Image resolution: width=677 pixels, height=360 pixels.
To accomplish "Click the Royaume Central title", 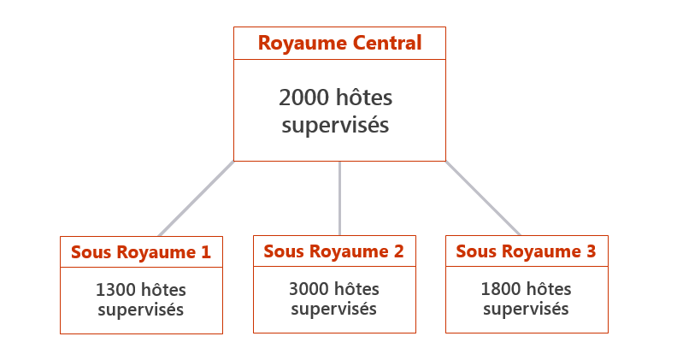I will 339,43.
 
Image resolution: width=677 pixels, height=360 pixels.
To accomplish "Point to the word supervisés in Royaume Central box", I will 335,126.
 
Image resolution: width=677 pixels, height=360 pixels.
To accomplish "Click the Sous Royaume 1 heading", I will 140,252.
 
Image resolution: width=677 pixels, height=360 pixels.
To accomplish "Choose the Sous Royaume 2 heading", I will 333,251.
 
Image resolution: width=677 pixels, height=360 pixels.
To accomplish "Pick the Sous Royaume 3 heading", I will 526,251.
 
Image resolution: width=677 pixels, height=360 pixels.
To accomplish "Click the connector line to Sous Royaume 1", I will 196,198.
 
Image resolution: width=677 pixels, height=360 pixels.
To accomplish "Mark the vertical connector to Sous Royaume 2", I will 340,198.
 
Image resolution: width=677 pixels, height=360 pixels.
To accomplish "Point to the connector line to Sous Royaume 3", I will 482,198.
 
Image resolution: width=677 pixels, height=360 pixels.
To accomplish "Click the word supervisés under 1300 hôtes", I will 140,310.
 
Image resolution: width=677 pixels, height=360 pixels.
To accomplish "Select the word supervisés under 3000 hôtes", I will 333,309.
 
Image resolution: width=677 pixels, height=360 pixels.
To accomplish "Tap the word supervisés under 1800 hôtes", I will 526,309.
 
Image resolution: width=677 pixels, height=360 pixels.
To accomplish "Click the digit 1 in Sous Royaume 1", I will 205,252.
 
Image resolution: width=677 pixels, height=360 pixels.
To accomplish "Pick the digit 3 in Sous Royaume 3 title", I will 591,251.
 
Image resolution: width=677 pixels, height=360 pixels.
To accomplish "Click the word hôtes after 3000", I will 357,289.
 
